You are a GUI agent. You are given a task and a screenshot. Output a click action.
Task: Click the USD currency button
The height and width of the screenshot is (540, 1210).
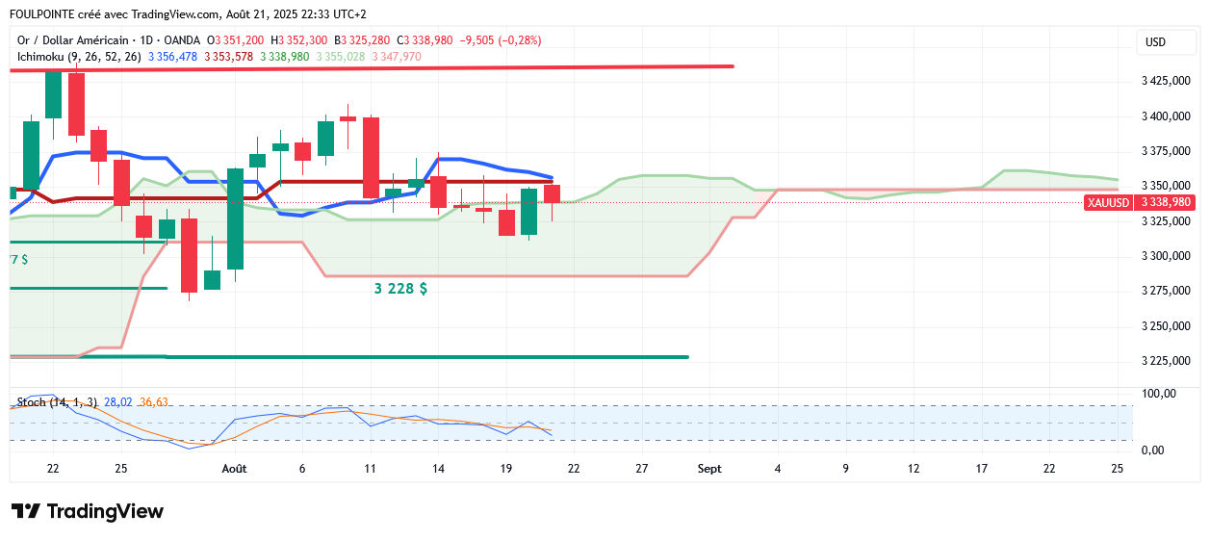click(1155, 42)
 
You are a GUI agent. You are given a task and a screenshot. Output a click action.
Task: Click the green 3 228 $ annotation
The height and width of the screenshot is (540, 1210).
click(400, 289)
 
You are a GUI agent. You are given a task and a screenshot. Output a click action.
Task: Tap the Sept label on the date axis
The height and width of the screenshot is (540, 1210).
click(708, 469)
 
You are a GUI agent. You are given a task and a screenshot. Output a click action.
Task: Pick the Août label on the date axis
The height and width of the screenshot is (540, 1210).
click(234, 469)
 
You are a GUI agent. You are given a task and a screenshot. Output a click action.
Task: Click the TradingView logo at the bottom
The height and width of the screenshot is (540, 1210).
click(88, 511)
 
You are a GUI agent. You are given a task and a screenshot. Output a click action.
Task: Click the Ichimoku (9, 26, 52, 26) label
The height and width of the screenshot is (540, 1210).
click(79, 57)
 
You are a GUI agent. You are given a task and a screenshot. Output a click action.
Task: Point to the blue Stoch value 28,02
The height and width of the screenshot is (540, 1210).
click(118, 401)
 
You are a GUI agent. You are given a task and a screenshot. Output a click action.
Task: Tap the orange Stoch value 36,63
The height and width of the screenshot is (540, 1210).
click(154, 401)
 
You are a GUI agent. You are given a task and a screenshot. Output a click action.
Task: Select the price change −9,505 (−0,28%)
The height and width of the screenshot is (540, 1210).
click(501, 40)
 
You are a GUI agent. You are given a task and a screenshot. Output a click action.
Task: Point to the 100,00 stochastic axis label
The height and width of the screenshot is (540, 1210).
click(1158, 394)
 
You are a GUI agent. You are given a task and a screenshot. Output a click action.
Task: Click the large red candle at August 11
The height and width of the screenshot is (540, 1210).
click(371, 157)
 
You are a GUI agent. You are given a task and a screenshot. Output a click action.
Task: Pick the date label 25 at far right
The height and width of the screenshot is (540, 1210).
click(1117, 469)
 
